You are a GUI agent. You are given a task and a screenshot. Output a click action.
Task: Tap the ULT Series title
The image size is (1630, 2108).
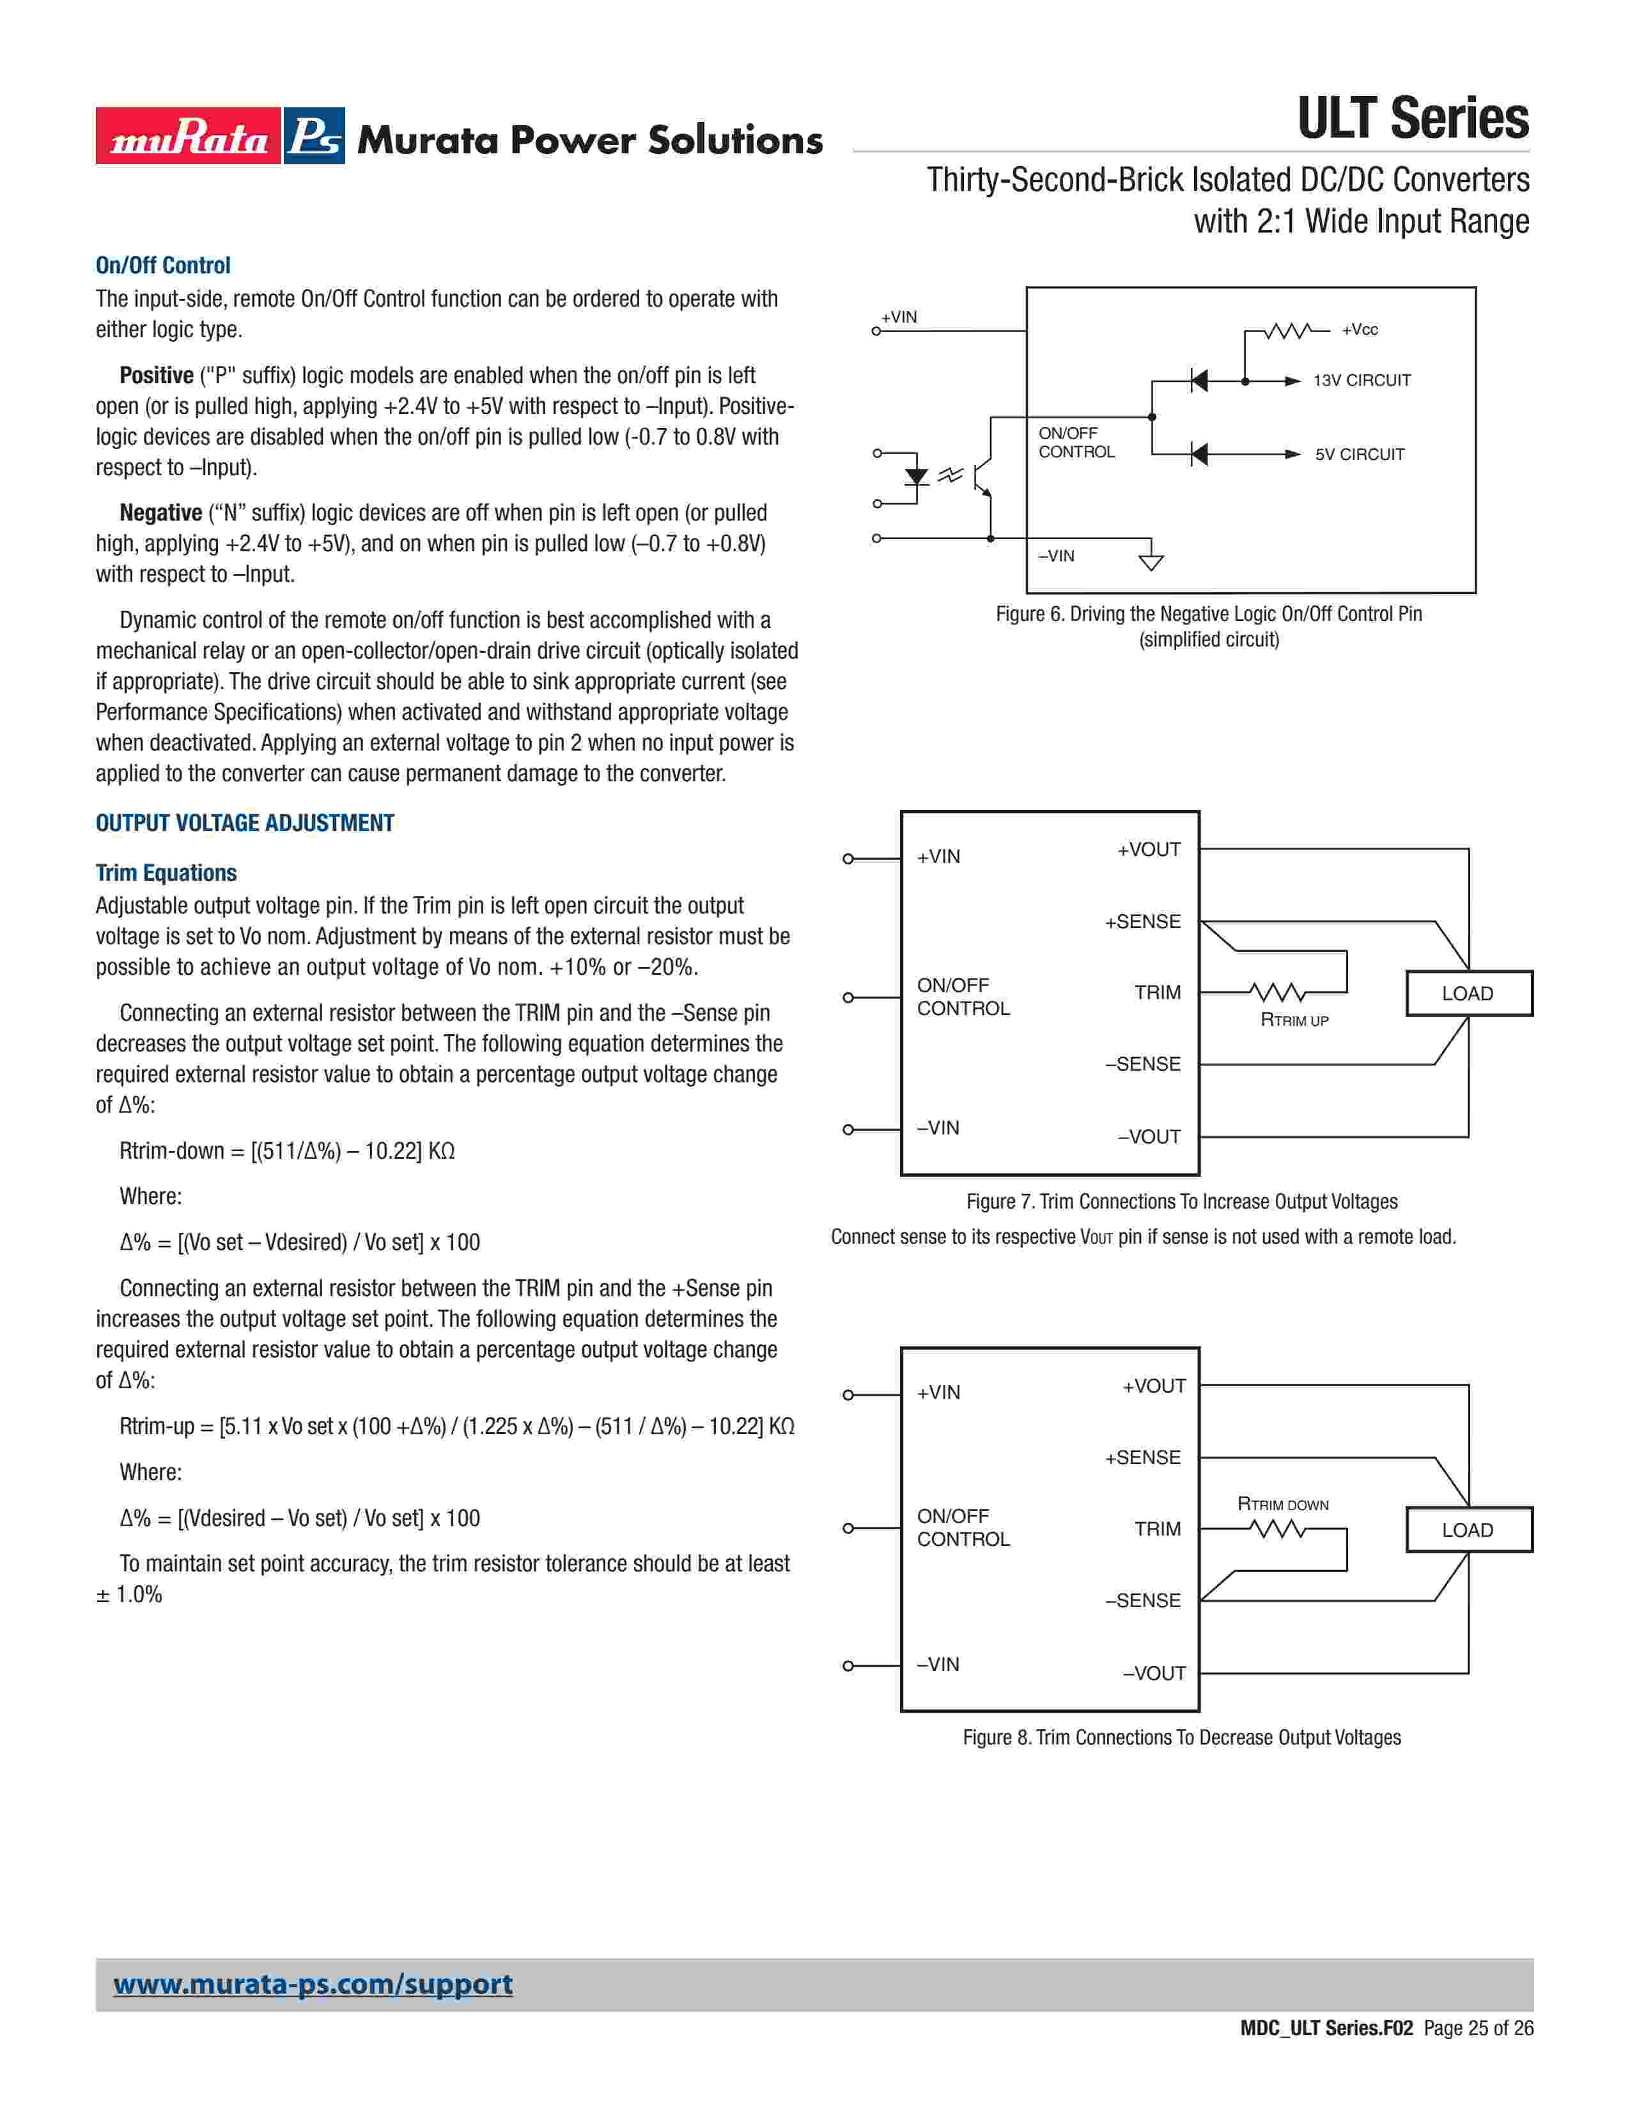(x=1412, y=119)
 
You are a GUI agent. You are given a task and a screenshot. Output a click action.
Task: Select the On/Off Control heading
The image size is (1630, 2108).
(x=162, y=266)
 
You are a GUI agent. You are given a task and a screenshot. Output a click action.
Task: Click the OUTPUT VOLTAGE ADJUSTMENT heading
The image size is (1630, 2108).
(x=244, y=823)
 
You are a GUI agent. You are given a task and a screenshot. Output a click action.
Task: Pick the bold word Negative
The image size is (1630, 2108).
(x=160, y=512)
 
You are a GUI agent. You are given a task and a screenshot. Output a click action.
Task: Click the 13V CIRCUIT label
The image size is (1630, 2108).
(x=1361, y=380)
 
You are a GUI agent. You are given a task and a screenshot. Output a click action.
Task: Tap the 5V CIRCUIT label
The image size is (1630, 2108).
(x=1359, y=455)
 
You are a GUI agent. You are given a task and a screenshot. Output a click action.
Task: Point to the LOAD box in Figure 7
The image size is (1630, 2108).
(x=1468, y=993)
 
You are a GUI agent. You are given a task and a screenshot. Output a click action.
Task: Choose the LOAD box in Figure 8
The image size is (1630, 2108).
(x=1468, y=1530)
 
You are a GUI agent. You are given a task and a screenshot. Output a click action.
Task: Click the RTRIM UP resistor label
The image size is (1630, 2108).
(x=1294, y=1020)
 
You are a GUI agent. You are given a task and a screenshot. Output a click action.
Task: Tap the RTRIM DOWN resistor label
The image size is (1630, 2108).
(x=1282, y=1504)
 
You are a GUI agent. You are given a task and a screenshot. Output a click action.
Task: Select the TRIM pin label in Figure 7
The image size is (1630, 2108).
(x=1157, y=992)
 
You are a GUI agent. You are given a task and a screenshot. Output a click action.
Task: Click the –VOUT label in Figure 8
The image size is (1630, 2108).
(x=1154, y=1673)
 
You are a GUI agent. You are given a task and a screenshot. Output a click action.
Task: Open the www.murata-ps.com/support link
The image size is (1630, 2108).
(x=313, y=1985)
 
